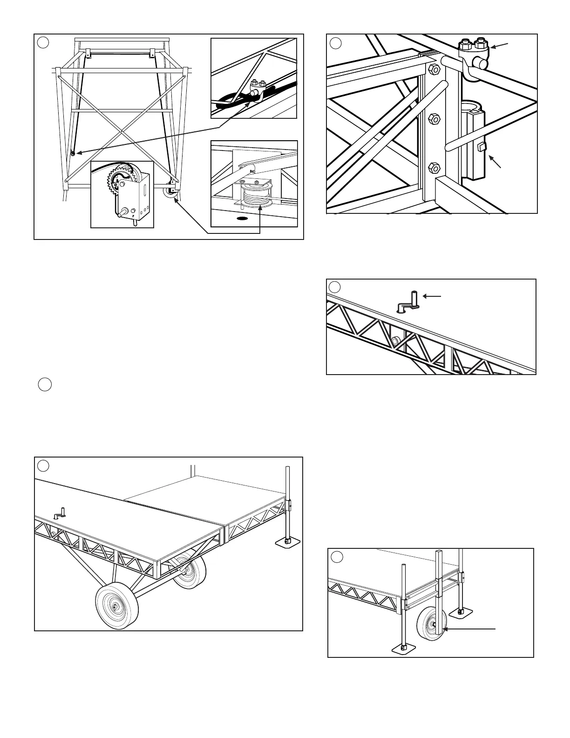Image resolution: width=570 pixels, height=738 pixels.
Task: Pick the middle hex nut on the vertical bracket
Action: coord(434,119)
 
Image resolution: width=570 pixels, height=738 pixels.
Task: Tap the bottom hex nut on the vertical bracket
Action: coord(434,166)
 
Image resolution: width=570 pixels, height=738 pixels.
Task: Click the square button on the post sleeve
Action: coord(482,148)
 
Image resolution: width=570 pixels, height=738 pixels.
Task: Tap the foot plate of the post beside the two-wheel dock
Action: coord(288,542)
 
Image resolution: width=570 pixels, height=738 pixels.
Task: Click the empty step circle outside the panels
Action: coord(44,385)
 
